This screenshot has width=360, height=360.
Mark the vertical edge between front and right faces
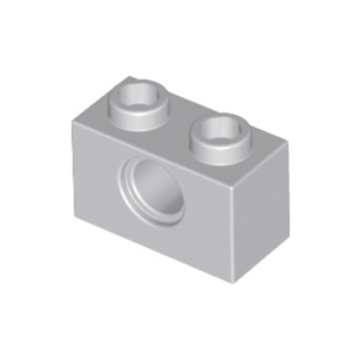point(233,234)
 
